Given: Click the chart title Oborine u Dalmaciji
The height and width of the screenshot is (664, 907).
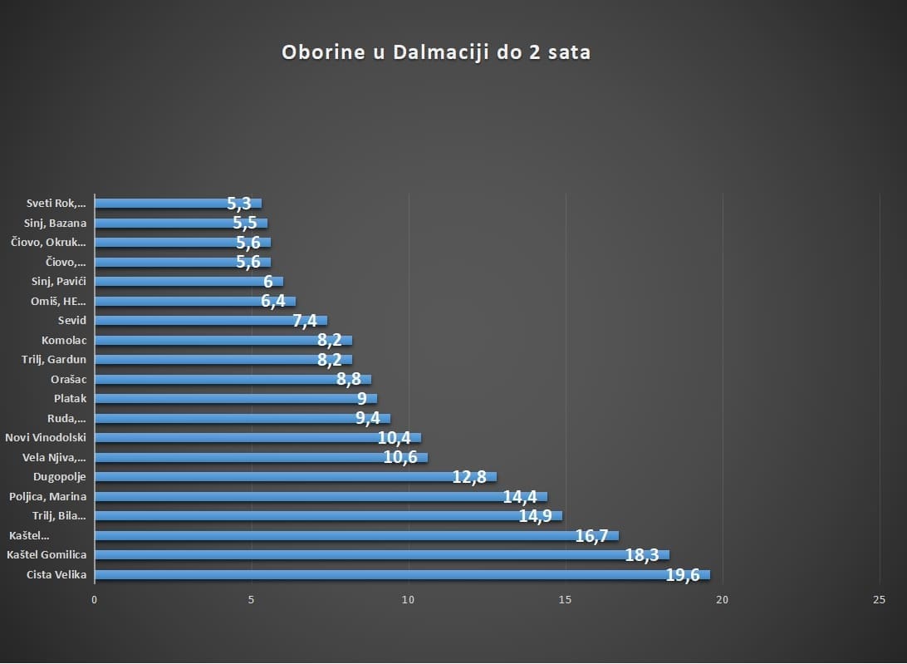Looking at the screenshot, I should tap(436, 52).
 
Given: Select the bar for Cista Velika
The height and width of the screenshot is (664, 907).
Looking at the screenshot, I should tap(399, 574).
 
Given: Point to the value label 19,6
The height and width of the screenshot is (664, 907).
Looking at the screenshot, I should tap(683, 575).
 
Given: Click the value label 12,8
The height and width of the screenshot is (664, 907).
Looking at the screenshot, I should tap(469, 477).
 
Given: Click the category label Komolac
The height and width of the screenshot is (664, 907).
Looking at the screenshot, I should tap(64, 340).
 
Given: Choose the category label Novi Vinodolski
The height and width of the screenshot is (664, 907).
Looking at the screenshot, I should tap(46, 437).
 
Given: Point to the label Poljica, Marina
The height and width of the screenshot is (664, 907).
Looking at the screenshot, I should tap(48, 496).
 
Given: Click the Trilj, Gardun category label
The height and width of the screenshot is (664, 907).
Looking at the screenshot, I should tap(54, 359).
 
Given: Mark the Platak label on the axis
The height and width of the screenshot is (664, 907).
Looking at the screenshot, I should tap(70, 398).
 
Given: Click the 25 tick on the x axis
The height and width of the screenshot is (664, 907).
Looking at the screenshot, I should tap(880, 600).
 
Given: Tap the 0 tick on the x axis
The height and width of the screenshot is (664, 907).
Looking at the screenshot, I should tap(95, 600).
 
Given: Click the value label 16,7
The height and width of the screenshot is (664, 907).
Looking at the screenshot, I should tap(591, 536).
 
